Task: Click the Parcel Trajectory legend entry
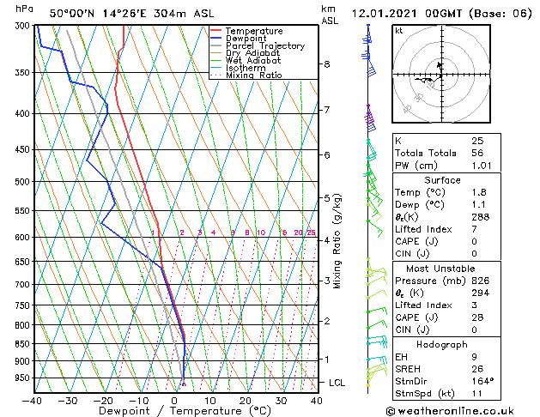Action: (x=264, y=45)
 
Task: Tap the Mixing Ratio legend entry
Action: (x=254, y=76)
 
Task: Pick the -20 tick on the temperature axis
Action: (x=102, y=401)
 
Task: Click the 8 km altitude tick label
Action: (x=327, y=64)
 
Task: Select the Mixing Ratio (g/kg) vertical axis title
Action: (x=338, y=241)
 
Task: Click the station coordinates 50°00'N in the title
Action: (x=72, y=14)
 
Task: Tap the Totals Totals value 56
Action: (x=478, y=153)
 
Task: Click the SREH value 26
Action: (x=478, y=368)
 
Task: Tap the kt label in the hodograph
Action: (x=399, y=30)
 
